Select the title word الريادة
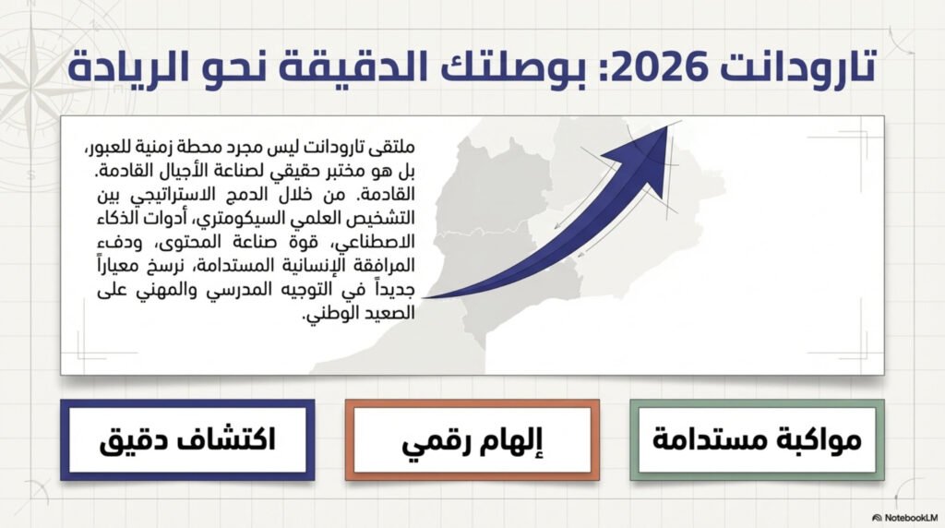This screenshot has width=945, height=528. [128, 66]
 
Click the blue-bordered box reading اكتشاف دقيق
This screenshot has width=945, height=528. [187, 439]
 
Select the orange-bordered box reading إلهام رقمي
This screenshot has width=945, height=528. [472, 439]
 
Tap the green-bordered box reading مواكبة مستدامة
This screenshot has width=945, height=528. [757, 439]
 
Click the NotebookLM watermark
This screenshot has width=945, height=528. [904, 518]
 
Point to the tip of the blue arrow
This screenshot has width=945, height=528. [668, 126]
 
